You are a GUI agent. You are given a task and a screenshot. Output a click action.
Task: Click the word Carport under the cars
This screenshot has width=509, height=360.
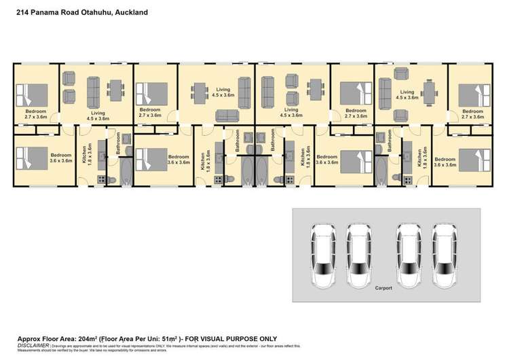[383, 287]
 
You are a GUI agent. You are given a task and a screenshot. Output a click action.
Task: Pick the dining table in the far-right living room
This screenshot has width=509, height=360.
[429, 88]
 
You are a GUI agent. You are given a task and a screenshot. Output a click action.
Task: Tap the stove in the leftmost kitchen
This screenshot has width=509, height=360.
[102, 179]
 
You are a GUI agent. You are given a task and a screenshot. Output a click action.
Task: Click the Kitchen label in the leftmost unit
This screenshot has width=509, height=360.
[84, 157]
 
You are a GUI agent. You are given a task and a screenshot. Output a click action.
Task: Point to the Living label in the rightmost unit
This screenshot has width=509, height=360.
[407, 92]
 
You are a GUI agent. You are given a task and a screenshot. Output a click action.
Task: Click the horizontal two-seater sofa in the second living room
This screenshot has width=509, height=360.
[229, 115]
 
